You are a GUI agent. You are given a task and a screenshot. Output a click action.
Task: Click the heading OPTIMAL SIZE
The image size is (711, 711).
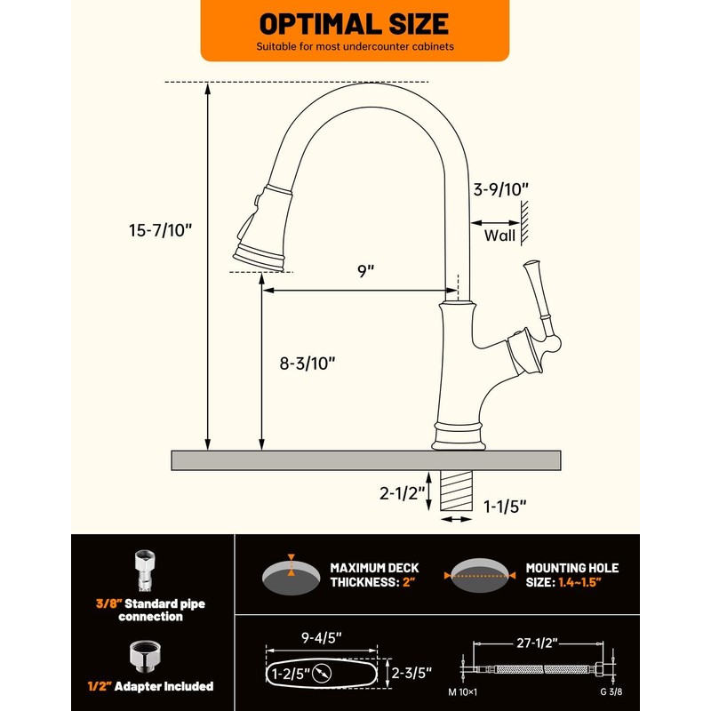click(x=354, y=23)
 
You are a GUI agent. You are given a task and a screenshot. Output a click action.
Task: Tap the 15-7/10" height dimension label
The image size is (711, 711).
click(x=160, y=229)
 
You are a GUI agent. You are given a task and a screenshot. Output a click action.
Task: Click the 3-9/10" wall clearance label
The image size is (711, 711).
click(x=500, y=188)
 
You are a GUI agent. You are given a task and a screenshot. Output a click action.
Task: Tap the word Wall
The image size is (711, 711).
click(x=499, y=236)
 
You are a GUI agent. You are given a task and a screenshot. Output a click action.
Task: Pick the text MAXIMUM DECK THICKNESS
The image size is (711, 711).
click(x=374, y=574)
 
